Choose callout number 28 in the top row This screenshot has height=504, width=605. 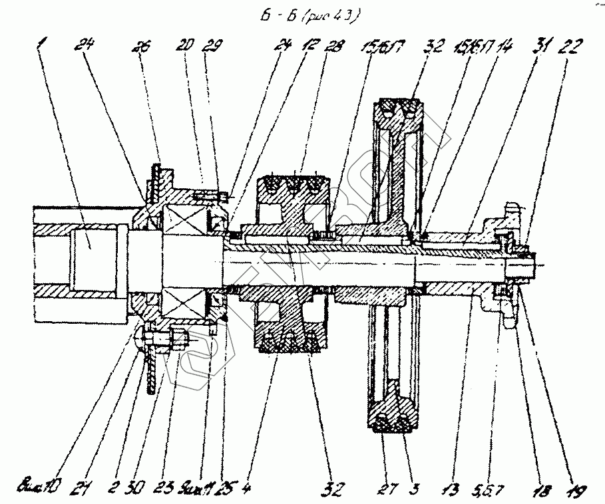point(334,47)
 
